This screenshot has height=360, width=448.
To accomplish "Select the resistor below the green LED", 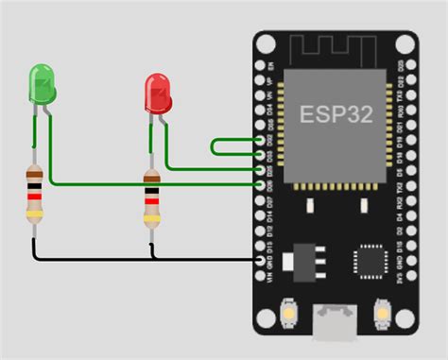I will point(34,195).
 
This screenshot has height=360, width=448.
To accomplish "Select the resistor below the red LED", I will point(151,199).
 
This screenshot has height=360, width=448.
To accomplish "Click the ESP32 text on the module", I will point(336,114).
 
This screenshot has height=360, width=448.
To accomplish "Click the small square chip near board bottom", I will point(368,261).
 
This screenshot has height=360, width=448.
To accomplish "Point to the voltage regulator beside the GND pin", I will point(304,257).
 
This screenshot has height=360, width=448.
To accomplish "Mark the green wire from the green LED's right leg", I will point(142,182).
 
